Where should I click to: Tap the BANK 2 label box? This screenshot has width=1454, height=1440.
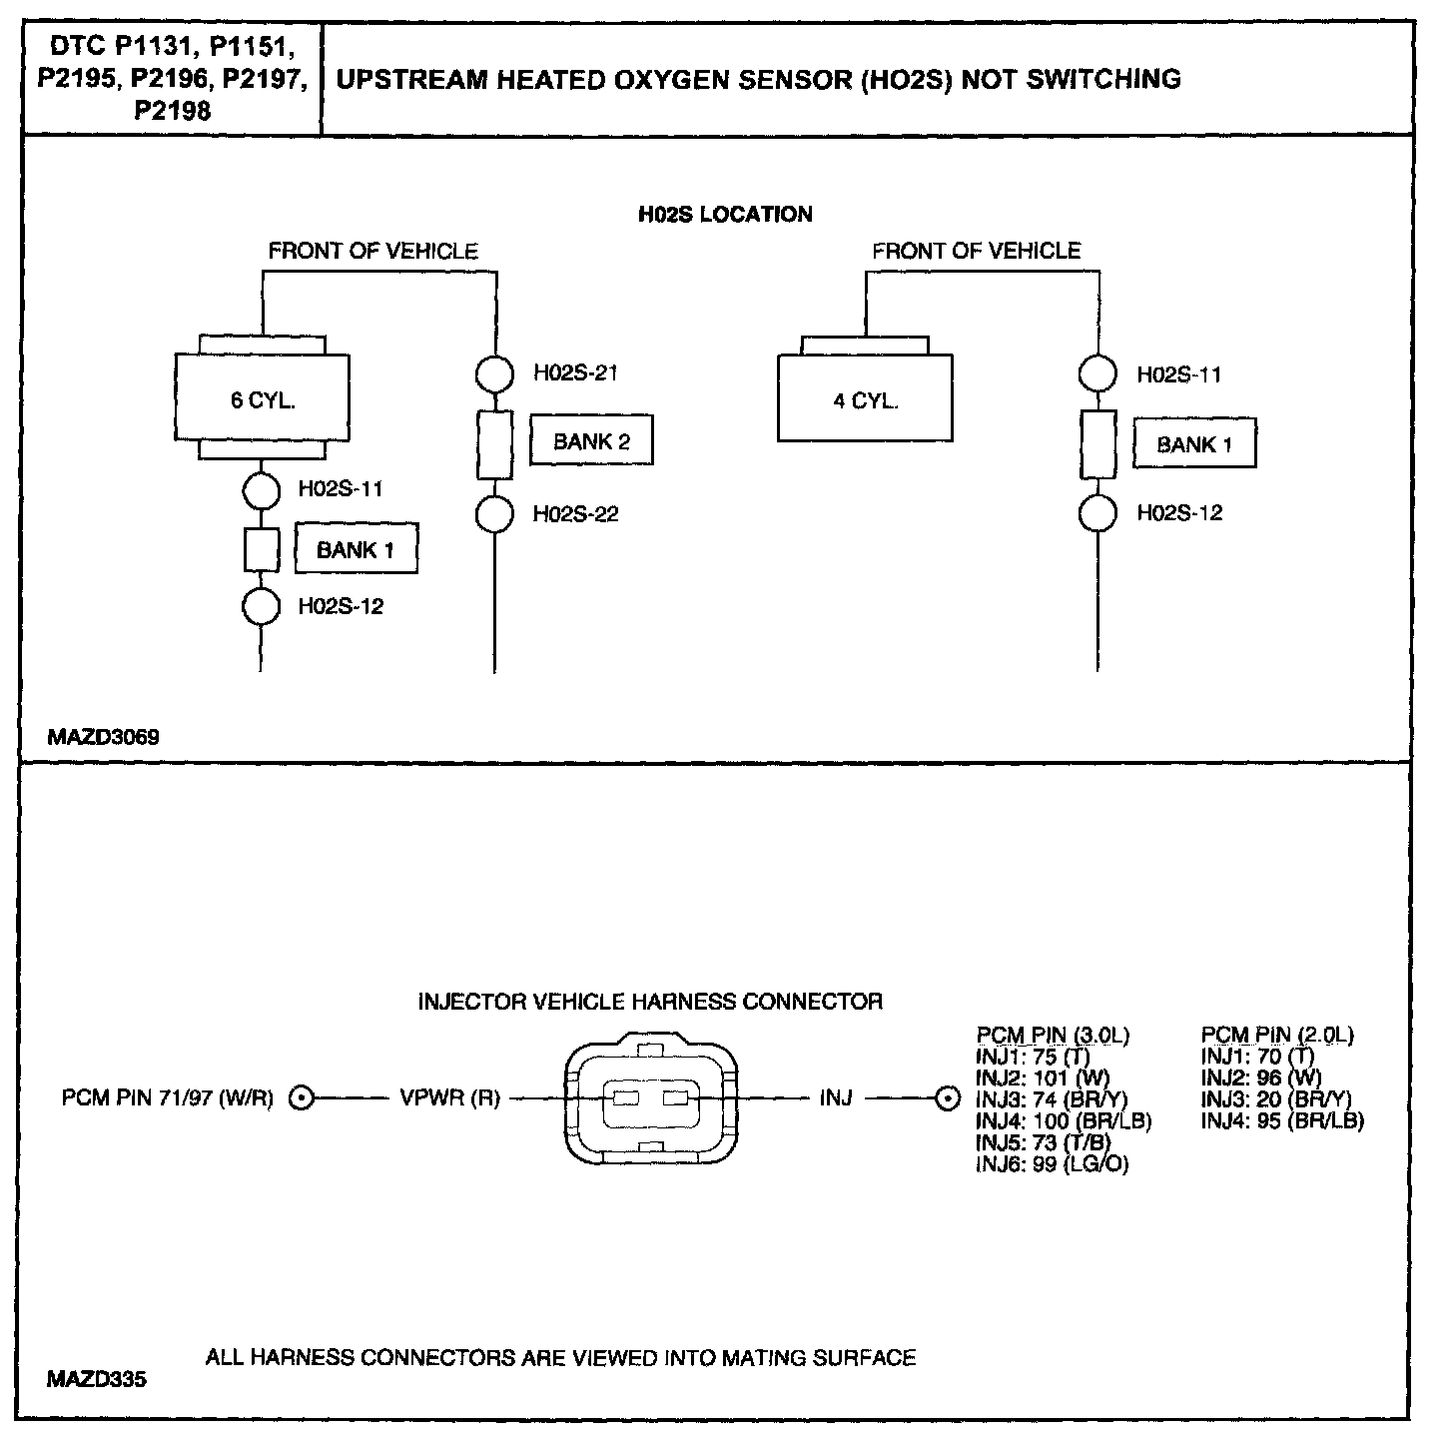591,440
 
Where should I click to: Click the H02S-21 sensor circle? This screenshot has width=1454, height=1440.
493,374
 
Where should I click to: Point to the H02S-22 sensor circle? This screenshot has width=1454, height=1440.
493,514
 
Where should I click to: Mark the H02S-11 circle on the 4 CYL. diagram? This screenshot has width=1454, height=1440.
1097,373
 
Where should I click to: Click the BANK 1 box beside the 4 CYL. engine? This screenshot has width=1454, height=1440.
1193,444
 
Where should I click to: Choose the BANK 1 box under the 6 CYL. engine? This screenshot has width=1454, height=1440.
356,549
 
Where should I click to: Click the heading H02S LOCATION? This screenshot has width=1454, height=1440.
725,214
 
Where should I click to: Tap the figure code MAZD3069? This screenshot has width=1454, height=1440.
103,738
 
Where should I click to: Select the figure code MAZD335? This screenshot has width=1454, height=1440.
96,1379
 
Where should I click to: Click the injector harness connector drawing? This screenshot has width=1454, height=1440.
649,1098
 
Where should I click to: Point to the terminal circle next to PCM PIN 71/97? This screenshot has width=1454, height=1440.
302,1099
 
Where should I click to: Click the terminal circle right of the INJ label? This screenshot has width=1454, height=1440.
945,1099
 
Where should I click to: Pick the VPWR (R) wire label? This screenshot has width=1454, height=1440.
449,1099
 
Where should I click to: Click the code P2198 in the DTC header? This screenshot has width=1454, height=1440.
173,111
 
